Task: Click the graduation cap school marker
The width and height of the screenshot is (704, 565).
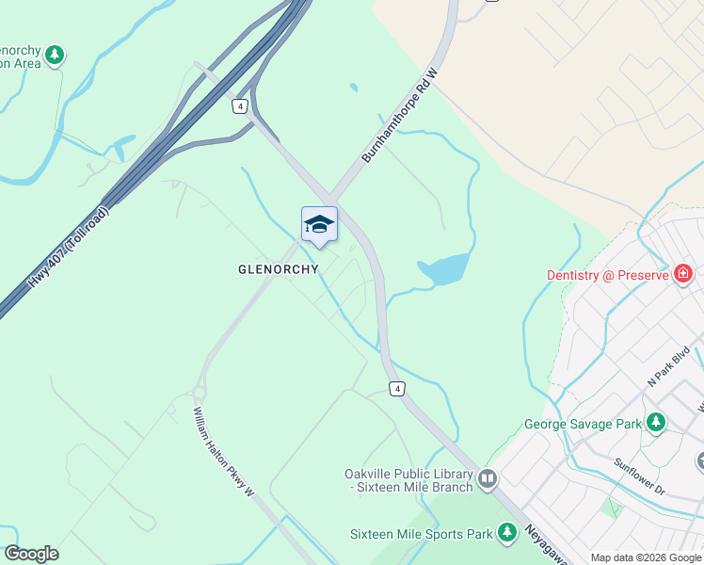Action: (319, 224)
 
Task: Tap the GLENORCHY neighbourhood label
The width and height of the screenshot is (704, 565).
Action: (278, 269)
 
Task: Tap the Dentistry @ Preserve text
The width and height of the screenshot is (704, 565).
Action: (607, 275)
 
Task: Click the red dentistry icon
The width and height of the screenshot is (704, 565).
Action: (683, 274)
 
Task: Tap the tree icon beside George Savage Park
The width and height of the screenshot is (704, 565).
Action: (655, 423)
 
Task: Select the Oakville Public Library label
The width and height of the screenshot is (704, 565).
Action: (411, 480)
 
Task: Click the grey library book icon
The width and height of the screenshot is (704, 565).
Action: (488, 480)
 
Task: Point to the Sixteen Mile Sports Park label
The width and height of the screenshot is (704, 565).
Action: (422, 534)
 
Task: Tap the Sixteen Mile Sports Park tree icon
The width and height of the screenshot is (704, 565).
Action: (507, 533)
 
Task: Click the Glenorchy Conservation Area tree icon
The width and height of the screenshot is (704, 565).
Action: (55, 55)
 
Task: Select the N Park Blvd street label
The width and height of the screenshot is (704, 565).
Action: (669, 367)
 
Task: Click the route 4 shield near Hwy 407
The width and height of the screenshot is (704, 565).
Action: (241, 106)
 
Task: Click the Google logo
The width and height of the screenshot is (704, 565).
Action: (32, 554)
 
